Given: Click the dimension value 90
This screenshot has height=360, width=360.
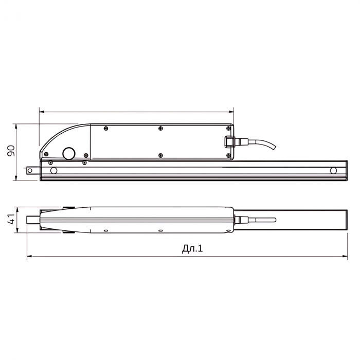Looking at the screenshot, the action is [x=11, y=151].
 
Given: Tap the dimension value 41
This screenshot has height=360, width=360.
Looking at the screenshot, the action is [x=11, y=219].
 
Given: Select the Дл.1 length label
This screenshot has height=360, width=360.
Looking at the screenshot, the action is [x=192, y=248].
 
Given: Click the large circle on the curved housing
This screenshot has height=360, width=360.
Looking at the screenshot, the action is [x=68, y=153].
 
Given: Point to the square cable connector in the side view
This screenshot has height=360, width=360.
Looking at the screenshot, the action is [x=229, y=141].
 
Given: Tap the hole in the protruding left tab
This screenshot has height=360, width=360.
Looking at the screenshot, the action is [x=30, y=170].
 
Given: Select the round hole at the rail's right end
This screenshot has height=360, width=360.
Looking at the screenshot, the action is [x=333, y=171].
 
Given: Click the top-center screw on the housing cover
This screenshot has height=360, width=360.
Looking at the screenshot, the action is [x=160, y=129].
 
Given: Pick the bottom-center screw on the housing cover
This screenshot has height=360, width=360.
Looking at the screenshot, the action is [x=160, y=155].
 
